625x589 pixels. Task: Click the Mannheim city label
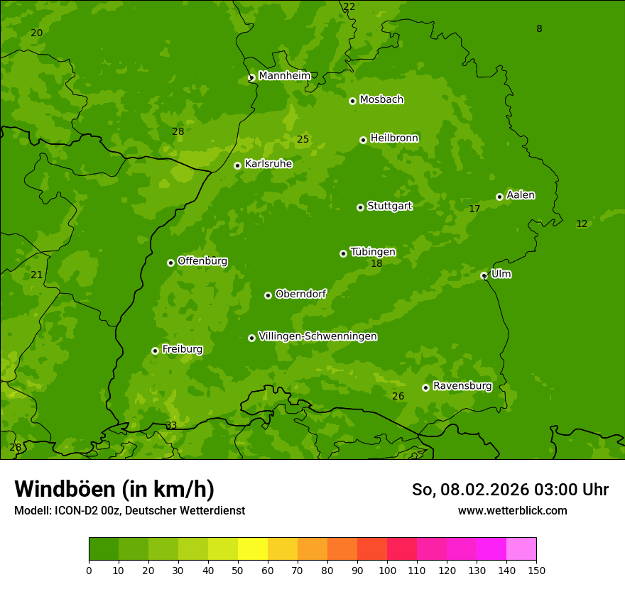pyautogui.click(x=284, y=76)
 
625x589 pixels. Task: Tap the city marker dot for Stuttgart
pyautogui.click(x=360, y=207)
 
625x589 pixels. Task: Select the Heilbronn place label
pyautogui.click(x=394, y=138)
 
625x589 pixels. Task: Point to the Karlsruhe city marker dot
pyautogui.click(x=238, y=165)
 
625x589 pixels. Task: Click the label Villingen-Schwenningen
pyautogui.click(x=317, y=336)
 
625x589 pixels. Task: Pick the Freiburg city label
pyautogui.click(x=182, y=349)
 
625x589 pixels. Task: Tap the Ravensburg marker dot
pyautogui.click(x=425, y=387)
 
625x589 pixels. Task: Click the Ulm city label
pyautogui.click(x=501, y=274)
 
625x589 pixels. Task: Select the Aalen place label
pyautogui.click(x=521, y=195)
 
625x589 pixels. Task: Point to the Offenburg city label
pyautogui.click(x=202, y=261)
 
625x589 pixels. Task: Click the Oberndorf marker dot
pyautogui.click(x=268, y=295)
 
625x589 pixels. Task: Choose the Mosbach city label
pyautogui.click(x=381, y=100)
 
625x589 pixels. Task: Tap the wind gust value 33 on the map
pyautogui.click(x=171, y=426)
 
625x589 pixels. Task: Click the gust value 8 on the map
pyautogui.click(x=539, y=29)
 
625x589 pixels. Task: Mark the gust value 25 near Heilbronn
pyautogui.click(x=303, y=140)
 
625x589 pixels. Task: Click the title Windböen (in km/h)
pyautogui.click(x=114, y=489)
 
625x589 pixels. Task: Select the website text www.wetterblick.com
pyautogui.click(x=512, y=511)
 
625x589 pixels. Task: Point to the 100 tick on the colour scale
pyautogui.click(x=387, y=570)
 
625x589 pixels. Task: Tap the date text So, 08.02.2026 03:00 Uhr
pyautogui.click(x=510, y=490)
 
